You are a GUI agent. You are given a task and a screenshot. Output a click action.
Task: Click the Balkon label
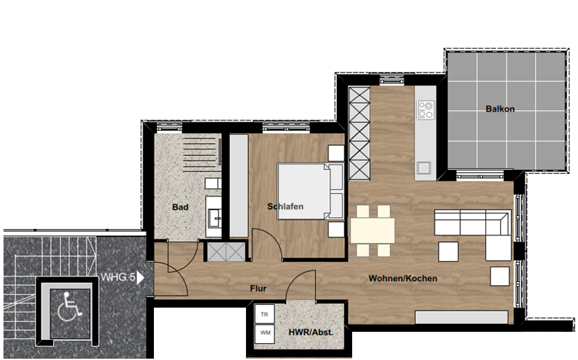(500, 109)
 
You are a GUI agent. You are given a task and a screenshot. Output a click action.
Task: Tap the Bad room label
(180, 207)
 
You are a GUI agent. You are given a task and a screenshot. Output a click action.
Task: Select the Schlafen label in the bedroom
(286, 206)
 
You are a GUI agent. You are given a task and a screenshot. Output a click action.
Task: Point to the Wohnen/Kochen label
(403, 279)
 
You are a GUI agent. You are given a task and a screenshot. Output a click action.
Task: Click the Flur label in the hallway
(258, 289)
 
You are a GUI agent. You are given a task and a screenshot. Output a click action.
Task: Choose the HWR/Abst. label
(311, 332)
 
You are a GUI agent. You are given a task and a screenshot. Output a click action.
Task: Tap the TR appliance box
(264, 314)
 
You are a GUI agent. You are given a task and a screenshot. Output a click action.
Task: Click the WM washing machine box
(265, 333)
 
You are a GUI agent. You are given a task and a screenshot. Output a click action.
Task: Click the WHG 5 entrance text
(118, 277)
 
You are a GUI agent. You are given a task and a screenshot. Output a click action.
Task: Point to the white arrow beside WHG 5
(140, 277)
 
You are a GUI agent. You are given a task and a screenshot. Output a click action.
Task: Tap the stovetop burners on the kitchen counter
(425, 109)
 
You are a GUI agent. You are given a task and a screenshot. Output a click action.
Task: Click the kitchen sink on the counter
(424, 168)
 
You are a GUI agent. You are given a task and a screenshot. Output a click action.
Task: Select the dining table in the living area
(372, 230)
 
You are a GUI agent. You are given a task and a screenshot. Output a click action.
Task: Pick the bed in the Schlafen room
(311, 191)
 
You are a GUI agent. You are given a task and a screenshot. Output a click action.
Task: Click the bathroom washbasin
(214, 218)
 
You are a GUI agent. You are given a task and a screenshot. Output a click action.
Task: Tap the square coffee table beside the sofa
(448, 252)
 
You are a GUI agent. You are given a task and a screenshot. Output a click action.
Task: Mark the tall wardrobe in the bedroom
(239, 186)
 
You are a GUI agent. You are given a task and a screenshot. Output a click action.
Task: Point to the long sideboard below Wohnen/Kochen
(462, 317)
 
